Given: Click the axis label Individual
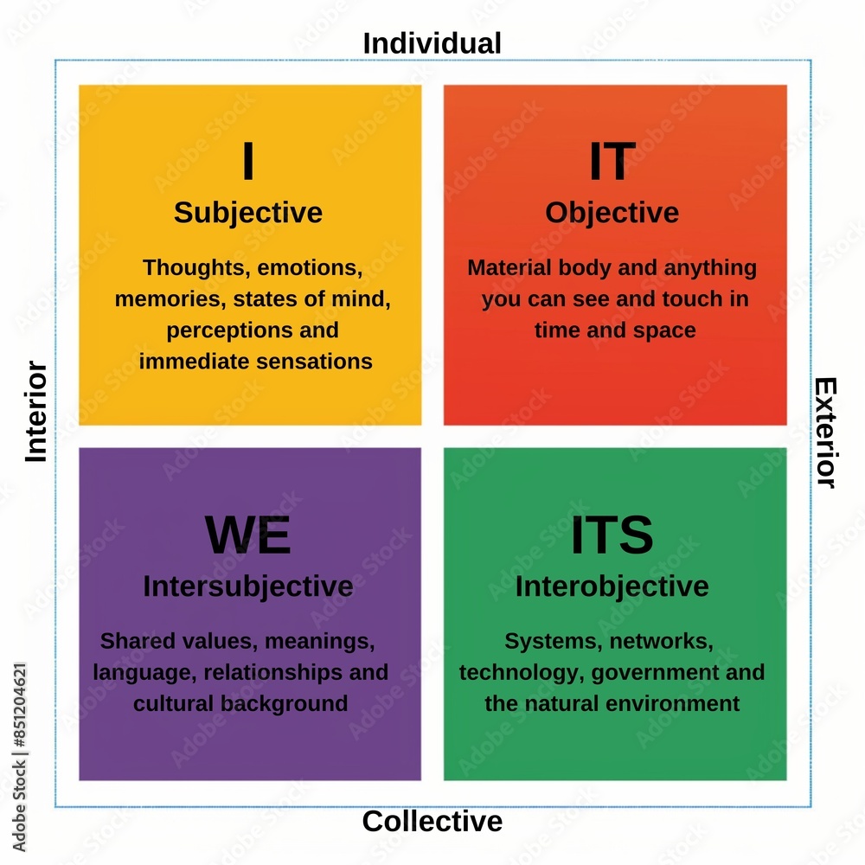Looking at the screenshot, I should click(432, 42).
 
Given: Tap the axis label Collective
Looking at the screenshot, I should click(432, 821).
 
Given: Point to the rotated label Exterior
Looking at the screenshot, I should click(826, 432).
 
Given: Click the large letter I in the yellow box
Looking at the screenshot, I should click(248, 162).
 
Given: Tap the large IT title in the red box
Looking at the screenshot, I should click(612, 162).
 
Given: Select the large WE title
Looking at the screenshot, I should click(248, 535).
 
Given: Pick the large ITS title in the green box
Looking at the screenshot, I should click(612, 535).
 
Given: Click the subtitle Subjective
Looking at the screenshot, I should click(248, 213).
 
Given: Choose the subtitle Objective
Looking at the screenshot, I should click(612, 213).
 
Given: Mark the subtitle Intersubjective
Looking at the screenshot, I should click(248, 586).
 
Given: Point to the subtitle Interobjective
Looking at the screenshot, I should click(612, 586).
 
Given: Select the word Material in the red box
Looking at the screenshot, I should click(506, 268).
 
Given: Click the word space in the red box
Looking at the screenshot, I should click(666, 330).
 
